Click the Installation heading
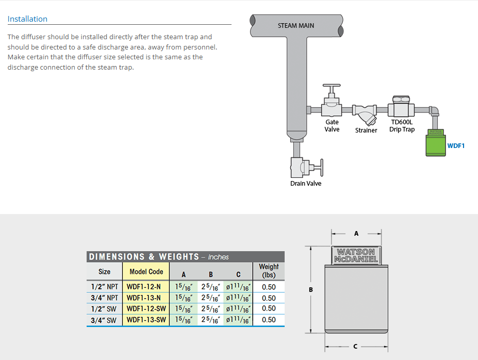coord(27,19)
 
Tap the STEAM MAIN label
coord(295,26)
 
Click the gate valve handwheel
coord(332,85)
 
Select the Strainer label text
coord(366,130)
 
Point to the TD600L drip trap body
coord(401,108)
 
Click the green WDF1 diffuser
coord(436,143)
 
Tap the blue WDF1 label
coord(456,146)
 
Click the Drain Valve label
coord(306,183)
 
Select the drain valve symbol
coord(306,167)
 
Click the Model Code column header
coord(146,271)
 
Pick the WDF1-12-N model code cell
coord(143,287)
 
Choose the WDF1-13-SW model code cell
coord(146,320)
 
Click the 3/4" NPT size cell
coord(104,298)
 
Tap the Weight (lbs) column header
coord(269,271)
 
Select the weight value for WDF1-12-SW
coord(269,308)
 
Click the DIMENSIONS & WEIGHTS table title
coord(158,257)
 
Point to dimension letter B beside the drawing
coord(310,289)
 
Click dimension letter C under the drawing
coord(355,346)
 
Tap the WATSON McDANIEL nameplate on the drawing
coord(356,255)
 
